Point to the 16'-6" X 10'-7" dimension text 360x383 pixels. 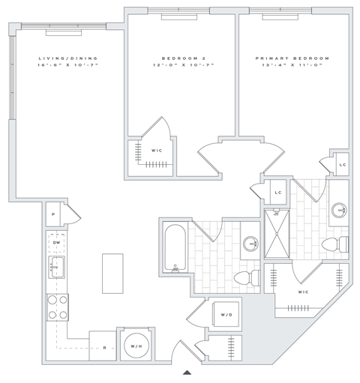tap(68, 66)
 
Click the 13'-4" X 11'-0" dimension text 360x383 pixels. tap(292, 66)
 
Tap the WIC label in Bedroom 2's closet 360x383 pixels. tap(157, 150)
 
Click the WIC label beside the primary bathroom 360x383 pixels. tap(303, 292)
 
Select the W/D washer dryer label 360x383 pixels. tap(225, 315)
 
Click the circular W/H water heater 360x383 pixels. tap(136, 346)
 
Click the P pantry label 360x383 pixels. tap(54, 214)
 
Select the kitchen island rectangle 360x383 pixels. tap(112, 273)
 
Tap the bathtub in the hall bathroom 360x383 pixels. tap(175, 248)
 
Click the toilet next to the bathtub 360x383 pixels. tap(245, 278)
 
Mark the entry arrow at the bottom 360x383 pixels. tap(187, 372)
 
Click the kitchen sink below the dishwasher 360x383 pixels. tap(56, 266)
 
